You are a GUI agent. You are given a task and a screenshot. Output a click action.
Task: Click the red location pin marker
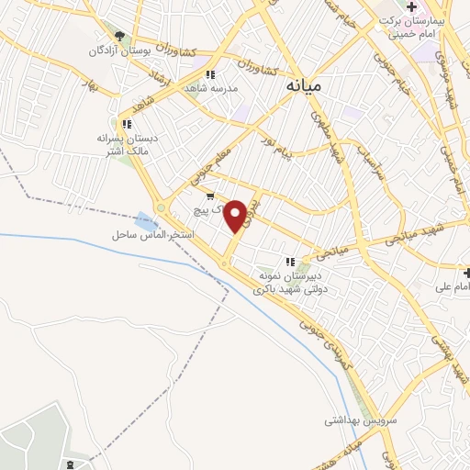(236, 216)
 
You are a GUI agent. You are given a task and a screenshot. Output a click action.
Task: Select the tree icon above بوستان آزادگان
(120, 36)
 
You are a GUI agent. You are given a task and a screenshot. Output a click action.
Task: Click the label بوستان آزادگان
(119, 50)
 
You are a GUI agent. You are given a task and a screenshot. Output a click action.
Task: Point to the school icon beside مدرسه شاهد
(210, 74)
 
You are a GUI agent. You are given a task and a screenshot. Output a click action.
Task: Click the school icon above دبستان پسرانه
(127, 123)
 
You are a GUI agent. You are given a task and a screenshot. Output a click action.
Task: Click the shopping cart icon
(210, 196)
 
